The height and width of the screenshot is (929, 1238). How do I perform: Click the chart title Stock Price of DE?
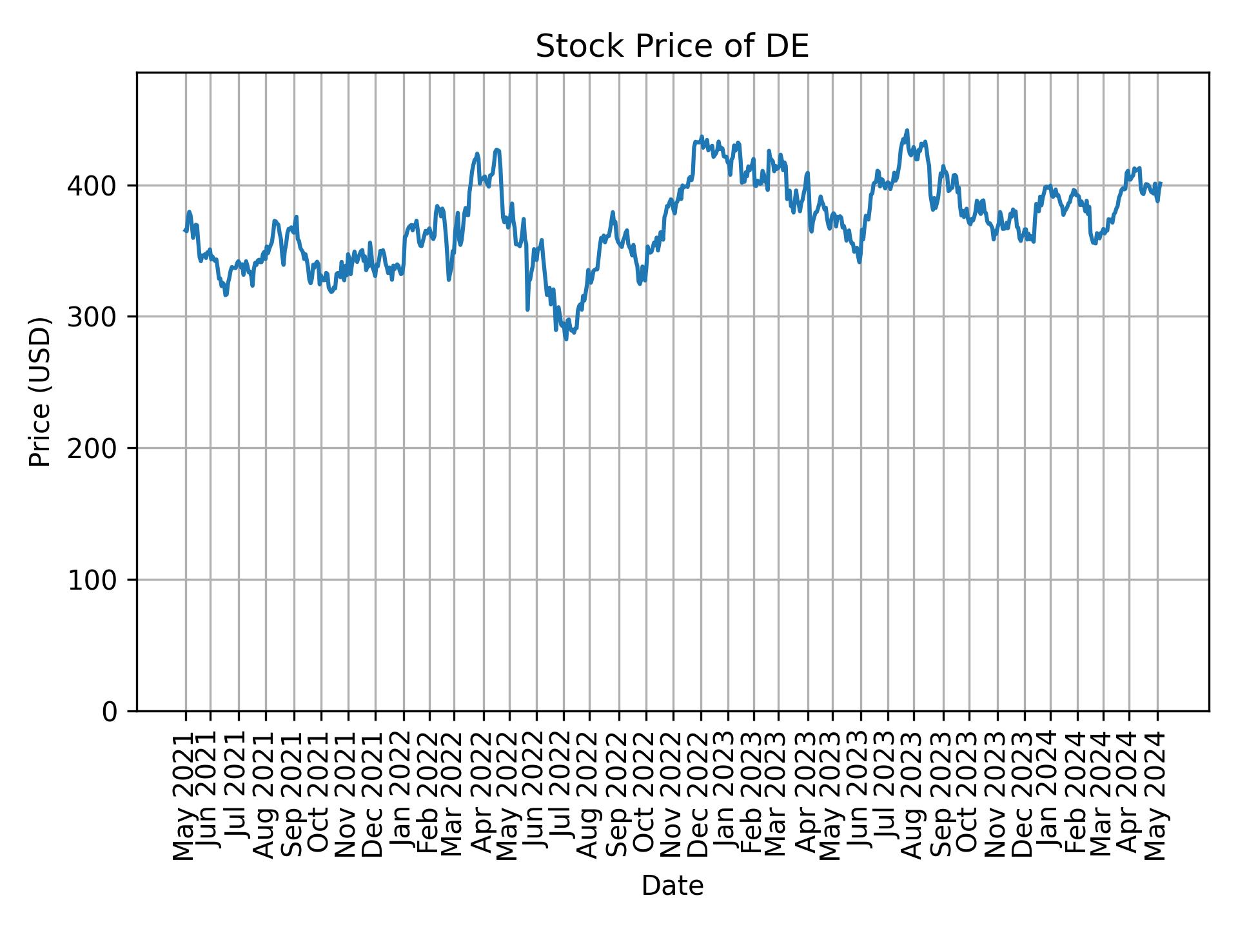[x=672, y=47]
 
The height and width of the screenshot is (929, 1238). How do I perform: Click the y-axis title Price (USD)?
[x=41, y=392]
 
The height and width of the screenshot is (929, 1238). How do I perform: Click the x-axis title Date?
[x=672, y=886]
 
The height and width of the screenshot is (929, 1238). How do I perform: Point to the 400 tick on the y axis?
[x=96, y=187]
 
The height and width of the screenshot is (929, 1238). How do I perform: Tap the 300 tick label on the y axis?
[x=96, y=318]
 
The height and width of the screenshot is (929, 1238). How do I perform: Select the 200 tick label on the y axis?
[x=96, y=449]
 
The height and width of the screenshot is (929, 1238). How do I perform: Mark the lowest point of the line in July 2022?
[x=566, y=339]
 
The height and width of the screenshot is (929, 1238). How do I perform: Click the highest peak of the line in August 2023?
[x=907, y=130]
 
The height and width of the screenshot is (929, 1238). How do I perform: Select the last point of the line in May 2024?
[x=1160, y=183]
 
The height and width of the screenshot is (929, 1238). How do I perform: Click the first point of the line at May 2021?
[x=184, y=230]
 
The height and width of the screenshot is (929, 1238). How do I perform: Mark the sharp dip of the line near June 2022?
[x=527, y=310]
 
